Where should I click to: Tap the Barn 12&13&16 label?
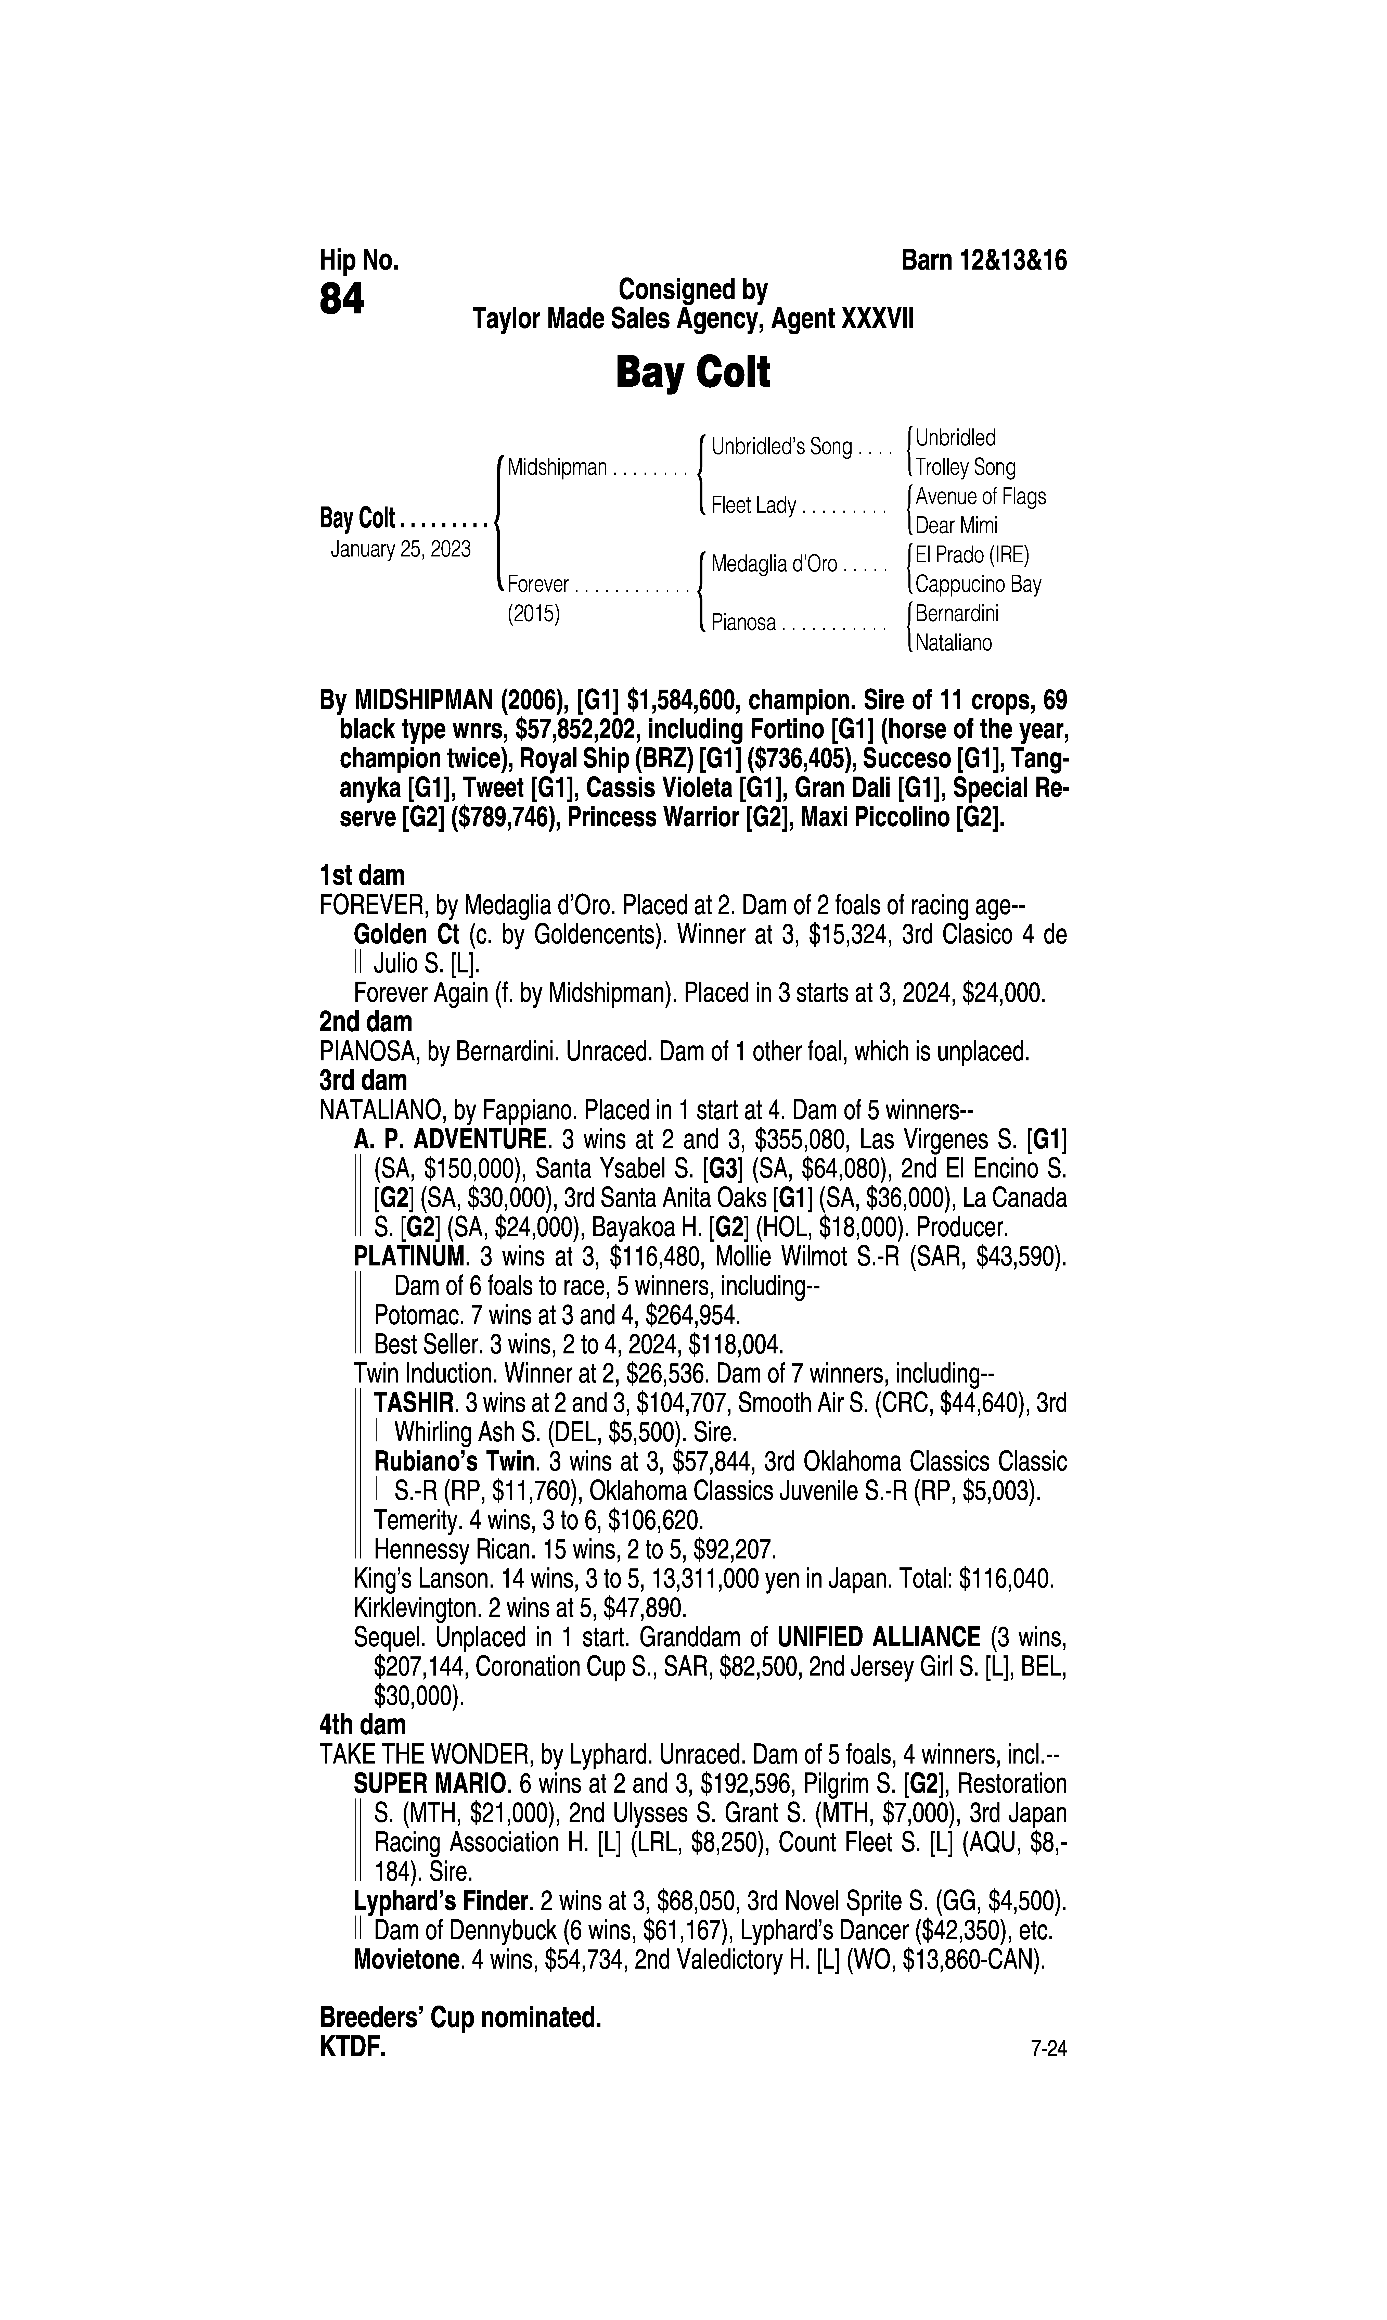[x=983, y=260]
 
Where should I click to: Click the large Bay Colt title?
[x=692, y=373]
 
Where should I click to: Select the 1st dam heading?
[x=362, y=876]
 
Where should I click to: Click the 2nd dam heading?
[x=365, y=1022]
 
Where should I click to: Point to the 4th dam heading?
[x=363, y=1725]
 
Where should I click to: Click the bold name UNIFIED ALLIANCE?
[x=879, y=1638]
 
